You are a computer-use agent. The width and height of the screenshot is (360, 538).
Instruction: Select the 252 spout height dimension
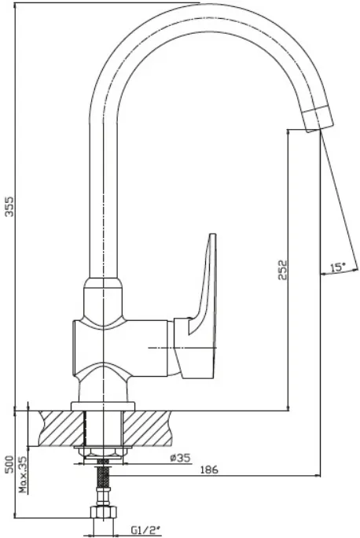point(282,270)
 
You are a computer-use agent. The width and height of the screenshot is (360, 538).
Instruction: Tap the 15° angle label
point(338,267)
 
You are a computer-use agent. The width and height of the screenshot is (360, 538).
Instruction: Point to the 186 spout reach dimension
point(209,470)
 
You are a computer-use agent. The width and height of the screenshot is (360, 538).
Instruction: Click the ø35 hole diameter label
point(180,458)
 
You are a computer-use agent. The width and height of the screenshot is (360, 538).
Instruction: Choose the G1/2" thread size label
point(145,531)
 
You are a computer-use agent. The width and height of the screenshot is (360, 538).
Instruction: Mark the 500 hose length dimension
point(9,464)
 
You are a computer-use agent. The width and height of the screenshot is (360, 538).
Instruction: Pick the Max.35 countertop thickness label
point(24,474)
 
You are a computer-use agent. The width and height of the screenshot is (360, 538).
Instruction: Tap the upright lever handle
point(202,306)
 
